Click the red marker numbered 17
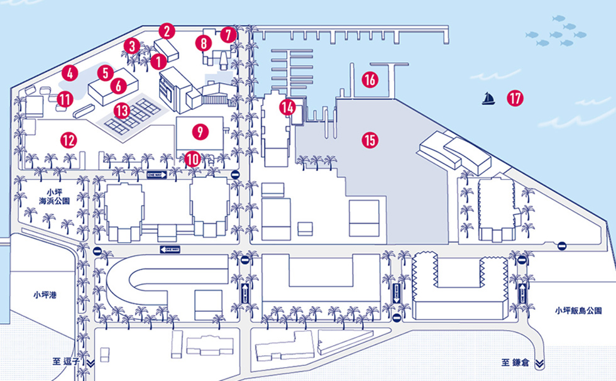[x=515, y=98]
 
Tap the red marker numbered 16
[x=370, y=80]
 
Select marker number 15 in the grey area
[x=370, y=140]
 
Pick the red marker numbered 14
[x=287, y=107]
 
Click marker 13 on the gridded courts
[x=121, y=111]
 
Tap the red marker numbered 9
[x=200, y=131]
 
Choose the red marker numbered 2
[x=166, y=30]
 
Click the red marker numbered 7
[x=228, y=34]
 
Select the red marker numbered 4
[x=69, y=73]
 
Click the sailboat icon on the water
[x=487, y=99]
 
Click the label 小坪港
[x=45, y=294]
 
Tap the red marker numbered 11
[x=65, y=99]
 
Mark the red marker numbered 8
[x=203, y=43]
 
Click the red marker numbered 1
[x=158, y=61]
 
